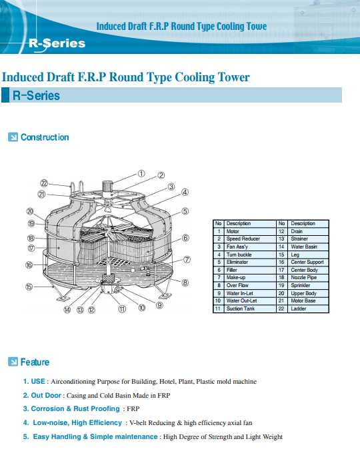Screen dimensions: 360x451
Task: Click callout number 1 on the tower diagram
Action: [x=141, y=173]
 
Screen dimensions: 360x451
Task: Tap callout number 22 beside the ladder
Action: [x=44, y=183]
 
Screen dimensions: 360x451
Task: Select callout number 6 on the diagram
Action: [x=185, y=238]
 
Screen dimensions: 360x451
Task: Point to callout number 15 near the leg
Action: [x=29, y=286]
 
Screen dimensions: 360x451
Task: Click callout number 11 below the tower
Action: [x=122, y=309]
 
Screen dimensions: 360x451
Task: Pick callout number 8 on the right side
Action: [x=185, y=282]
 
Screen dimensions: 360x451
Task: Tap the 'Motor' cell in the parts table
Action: [x=250, y=231]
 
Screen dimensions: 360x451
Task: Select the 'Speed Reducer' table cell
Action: [x=250, y=238]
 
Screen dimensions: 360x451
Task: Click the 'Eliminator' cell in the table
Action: [x=250, y=262]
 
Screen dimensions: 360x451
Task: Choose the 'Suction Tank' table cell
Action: [x=250, y=308]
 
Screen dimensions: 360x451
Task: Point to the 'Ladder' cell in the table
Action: [x=308, y=308]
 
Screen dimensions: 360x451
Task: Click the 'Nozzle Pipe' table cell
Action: [x=308, y=278]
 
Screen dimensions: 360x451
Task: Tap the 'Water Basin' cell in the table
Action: [x=308, y=246]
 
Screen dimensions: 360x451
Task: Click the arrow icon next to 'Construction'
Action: [x=13, y=137]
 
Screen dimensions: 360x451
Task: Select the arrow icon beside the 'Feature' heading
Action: [x=13, y=362]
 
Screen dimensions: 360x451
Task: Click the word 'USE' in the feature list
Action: [x=38, y=382]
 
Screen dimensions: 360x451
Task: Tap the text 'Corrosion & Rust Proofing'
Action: [x=75, y=409]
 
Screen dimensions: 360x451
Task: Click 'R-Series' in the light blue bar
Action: [x=36, y=95]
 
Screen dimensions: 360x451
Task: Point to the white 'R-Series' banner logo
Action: [x=57, y=44]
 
